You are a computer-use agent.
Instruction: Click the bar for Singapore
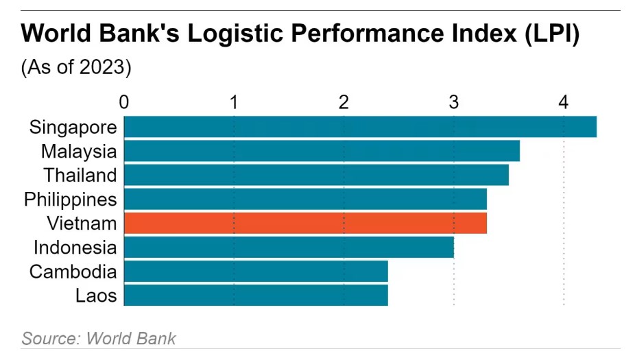(x=360, y=127)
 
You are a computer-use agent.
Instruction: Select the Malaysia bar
(x=322, y=151)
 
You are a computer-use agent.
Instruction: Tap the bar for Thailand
(x=316, y=175)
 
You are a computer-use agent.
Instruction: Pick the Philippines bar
(x=305, y=199)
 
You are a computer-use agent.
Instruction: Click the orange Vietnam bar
(x=305, y=223)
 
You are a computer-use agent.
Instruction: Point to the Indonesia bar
(x=289, y=247)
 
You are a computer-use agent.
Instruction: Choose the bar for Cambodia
(x=256, y=271)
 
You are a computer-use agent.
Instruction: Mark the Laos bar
(x=256, y=295)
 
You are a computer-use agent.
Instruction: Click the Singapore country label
(x=73, y=127)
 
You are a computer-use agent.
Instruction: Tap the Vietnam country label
(x=82, y=223)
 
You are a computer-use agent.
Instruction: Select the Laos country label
(x=96, y=296)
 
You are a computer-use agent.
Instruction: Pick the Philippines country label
(x=70, y=200)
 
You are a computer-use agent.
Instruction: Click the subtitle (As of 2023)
(x=76, y=68)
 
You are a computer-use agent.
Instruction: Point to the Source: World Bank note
(x=99, y=338)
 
